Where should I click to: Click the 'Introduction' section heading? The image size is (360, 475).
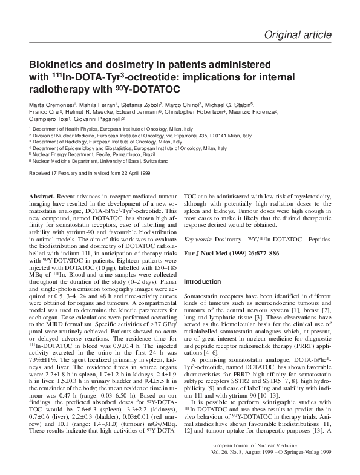pos(203,282)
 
